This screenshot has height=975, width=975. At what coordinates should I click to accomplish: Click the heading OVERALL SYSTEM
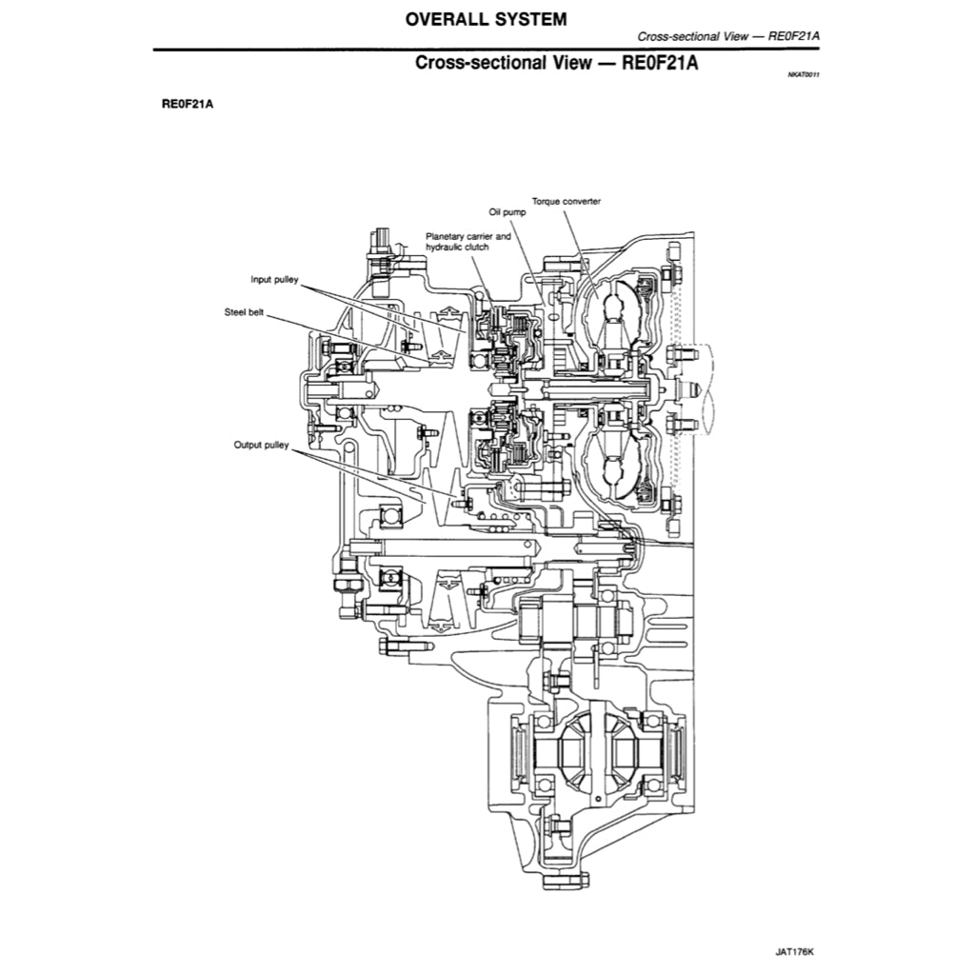click(486, 18)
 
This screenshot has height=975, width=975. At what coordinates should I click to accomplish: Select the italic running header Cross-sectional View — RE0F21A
click(728, 36)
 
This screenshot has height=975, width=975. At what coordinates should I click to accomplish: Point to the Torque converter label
click(567, 201)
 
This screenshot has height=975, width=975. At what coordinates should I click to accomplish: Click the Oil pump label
click(507, 212)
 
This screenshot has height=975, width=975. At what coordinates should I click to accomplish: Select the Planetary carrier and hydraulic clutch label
click(468, 240)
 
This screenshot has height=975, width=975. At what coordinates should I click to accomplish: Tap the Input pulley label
click(274, 280)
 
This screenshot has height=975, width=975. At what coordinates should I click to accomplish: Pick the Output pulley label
click(261, 444)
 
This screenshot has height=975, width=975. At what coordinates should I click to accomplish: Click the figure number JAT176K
click(795, 950)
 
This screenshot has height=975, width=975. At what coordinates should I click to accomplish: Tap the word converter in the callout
click(581, 201)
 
